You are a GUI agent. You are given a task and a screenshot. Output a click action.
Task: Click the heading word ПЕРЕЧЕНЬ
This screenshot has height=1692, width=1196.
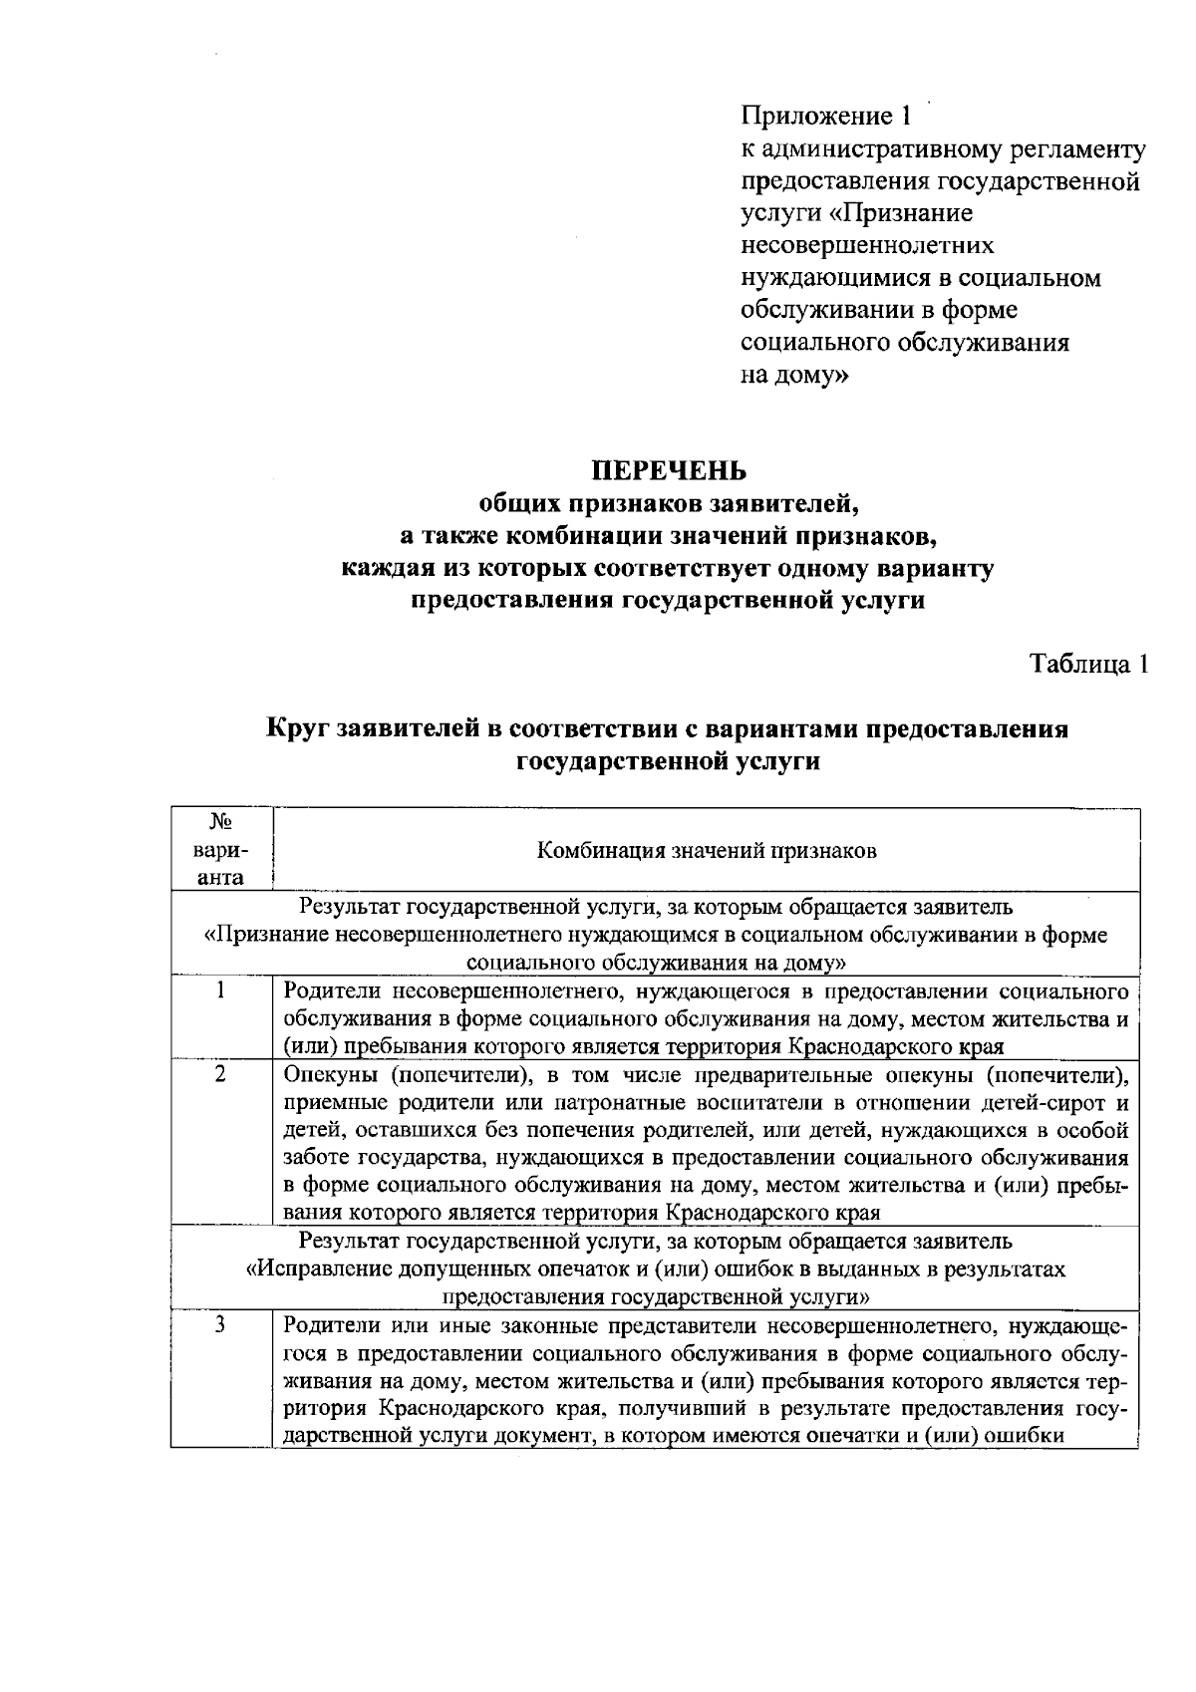click(x=670, y=468)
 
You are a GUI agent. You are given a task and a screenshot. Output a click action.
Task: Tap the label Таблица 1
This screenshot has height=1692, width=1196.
click(x=1089, y=664)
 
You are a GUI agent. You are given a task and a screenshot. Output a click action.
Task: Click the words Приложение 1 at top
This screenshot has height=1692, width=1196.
click(x=825, y=117)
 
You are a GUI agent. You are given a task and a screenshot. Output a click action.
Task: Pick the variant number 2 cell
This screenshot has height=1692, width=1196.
click(x=220, y=1074)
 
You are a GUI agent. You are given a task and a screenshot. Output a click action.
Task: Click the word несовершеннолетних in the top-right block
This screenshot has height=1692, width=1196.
click(x=867, y=245)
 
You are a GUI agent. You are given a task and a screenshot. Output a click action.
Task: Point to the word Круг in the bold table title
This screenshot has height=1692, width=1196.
click(x=297, y=728)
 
